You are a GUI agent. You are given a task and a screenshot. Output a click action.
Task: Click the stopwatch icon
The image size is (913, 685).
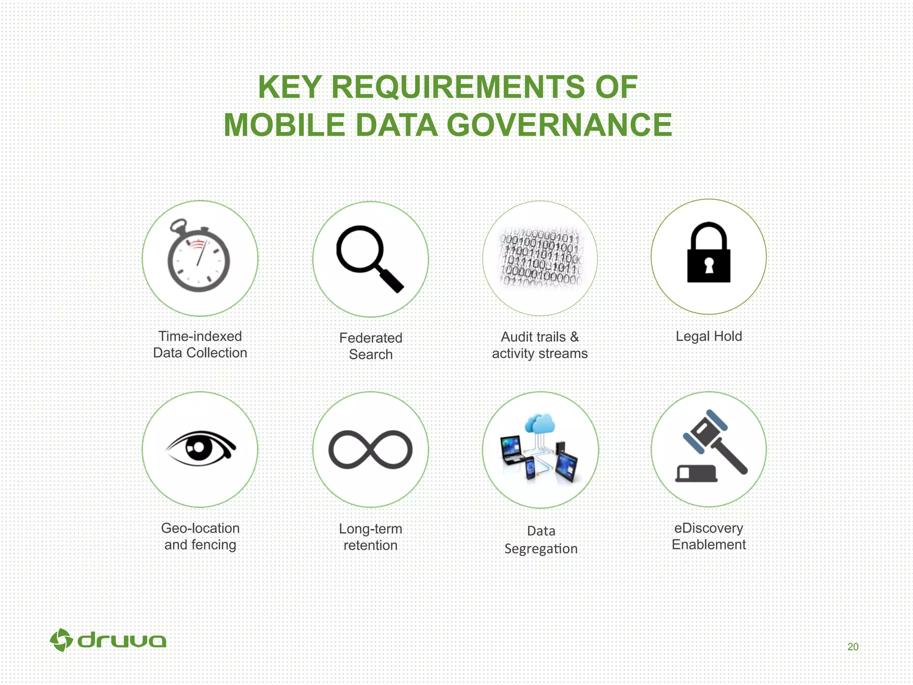(199, 258)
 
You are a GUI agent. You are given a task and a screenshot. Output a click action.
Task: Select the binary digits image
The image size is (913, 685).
(540, 258)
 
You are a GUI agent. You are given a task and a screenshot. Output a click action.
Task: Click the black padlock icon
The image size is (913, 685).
(709, 253)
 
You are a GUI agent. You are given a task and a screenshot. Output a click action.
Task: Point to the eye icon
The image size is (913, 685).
(201, 448)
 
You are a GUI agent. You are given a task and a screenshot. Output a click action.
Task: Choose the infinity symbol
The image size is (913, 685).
(370, 450)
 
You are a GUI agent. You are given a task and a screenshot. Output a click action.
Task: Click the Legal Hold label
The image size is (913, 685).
(709, 336)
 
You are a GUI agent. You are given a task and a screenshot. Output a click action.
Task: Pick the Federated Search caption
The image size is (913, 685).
(370, 346)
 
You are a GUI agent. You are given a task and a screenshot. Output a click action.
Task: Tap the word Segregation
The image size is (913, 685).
(541, 549)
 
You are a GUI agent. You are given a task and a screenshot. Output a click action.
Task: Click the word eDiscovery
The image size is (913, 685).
(709, 528)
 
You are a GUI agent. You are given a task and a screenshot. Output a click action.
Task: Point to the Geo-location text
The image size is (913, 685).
(201, 528)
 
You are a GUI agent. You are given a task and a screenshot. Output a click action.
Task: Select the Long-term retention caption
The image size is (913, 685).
(370, 537)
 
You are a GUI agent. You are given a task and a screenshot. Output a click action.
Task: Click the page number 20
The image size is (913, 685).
(853, 647)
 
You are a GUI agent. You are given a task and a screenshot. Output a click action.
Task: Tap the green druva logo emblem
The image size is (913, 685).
(61, 640)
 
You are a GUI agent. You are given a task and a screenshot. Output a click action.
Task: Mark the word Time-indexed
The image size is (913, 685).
(200, 336)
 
